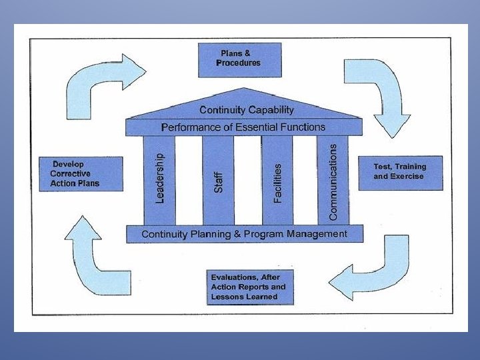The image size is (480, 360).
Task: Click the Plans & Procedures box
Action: [239, 59]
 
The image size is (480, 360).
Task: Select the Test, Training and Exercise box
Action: [400, 172]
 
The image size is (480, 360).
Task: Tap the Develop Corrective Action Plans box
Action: [81, 174]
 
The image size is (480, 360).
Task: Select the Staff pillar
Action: [218, 180]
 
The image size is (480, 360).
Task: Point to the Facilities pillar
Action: [277, 180]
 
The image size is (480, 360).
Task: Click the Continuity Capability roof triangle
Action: [246, 107]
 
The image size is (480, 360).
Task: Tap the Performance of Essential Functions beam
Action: [243, 127]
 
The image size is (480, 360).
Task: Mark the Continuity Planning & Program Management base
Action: [245, 234]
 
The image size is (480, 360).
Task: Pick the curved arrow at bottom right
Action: [373, 270]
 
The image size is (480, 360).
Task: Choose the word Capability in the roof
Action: [271, 109]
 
